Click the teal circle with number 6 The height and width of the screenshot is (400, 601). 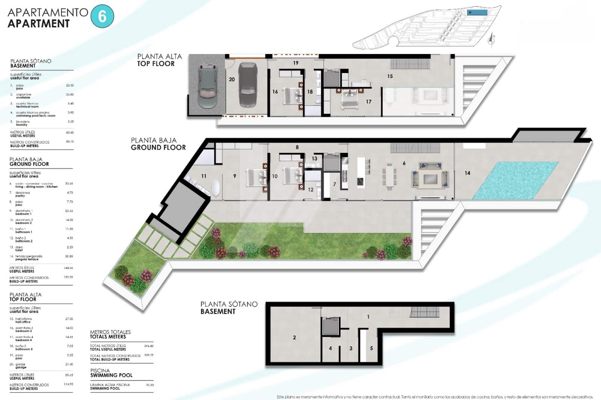102,17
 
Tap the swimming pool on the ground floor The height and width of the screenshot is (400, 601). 515,180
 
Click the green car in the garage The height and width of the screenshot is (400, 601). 207,86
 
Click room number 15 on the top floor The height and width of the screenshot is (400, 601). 390,76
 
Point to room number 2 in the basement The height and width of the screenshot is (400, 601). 294,337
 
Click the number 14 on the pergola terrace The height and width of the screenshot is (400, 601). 467,173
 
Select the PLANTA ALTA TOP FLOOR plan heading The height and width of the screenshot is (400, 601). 159,60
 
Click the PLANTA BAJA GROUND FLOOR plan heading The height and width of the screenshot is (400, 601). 158,144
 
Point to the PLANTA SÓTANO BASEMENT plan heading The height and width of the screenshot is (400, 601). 229,308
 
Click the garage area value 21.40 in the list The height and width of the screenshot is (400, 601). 69,364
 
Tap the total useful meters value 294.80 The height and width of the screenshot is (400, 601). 149,346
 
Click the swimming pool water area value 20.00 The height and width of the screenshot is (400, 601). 149,385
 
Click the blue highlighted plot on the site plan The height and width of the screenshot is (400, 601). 477,13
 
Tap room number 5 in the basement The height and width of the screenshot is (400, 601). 371,348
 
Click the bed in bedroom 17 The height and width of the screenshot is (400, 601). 349,100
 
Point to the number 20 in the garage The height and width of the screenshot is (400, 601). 232,79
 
